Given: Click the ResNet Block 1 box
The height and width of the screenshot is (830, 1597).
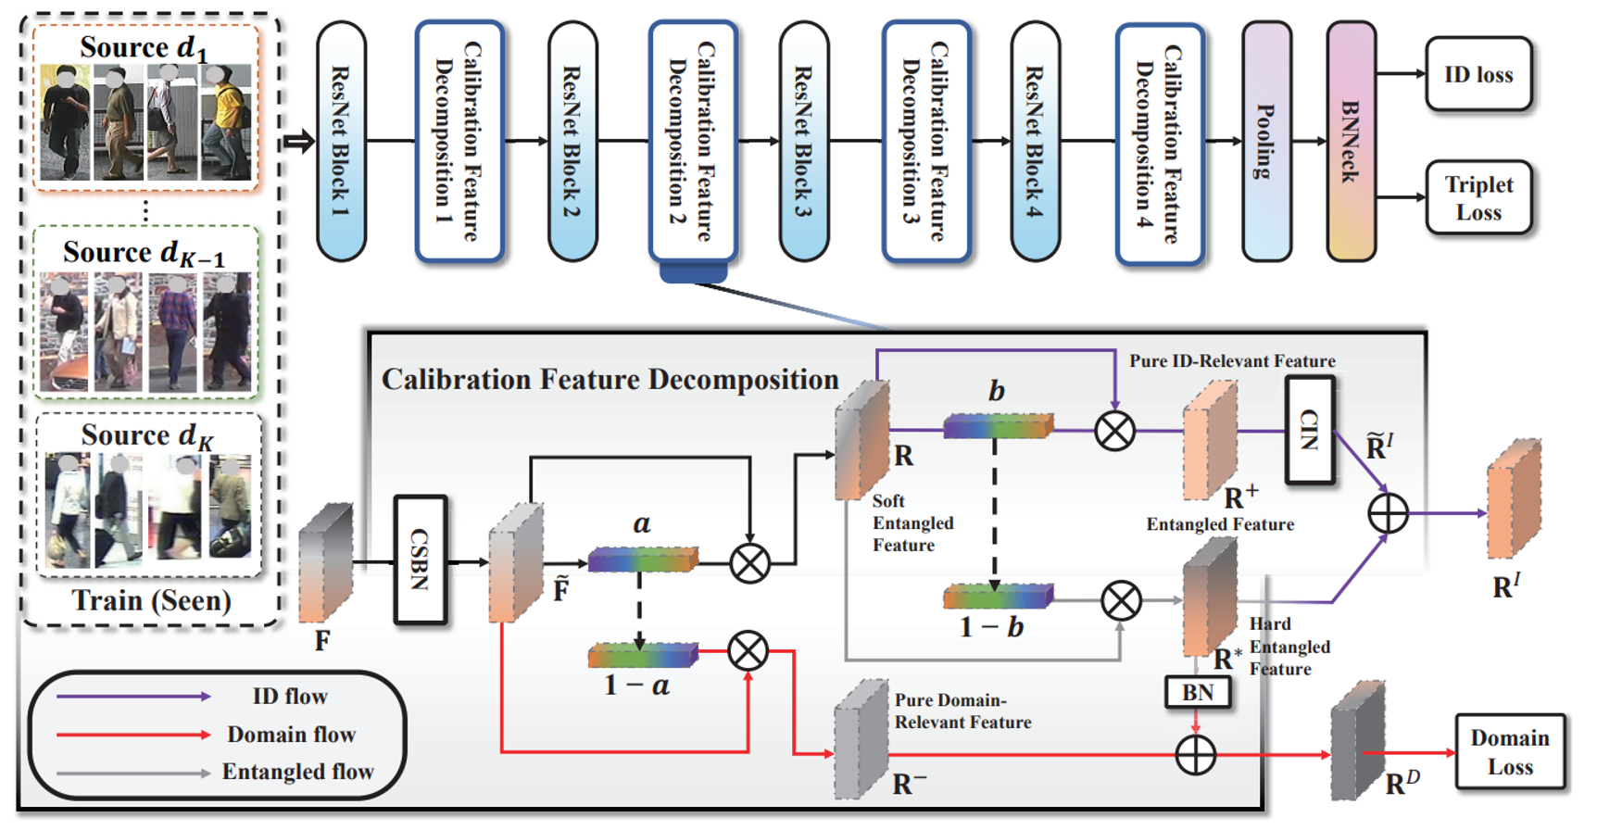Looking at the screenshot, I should click(341, 141).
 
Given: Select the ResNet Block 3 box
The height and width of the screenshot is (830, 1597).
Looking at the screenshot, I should click(803, 141).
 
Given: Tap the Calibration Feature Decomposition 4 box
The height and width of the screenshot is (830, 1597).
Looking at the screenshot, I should click(1159, 144).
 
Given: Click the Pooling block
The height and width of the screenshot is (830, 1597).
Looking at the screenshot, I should click(1265, 141).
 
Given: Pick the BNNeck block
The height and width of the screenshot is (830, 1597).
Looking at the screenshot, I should click(1351, 141).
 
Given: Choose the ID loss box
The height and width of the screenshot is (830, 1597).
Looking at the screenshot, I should click(1478, 74).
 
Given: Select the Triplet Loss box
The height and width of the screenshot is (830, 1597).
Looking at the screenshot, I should click(1478, 197).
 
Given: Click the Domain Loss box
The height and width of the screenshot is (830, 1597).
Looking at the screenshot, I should click(1509, 751).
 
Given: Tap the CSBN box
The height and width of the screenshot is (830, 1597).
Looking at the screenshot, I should click(420, 560).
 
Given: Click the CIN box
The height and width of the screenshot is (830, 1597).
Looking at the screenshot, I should click(1309, 430).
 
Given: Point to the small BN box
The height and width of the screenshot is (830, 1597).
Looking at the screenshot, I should click(1197, 692).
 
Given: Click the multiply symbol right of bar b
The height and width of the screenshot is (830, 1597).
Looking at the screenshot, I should click(1114, 431).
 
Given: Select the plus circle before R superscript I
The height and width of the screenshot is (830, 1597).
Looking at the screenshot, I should click(1388, 513).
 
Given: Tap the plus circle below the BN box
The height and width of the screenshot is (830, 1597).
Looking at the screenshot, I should click(1195, 755).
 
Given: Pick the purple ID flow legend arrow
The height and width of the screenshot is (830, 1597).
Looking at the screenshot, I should click(133, 696).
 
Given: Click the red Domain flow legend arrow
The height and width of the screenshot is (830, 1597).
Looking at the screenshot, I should click(133, 735).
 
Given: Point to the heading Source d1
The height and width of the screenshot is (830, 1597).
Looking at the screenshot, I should click(144, 46).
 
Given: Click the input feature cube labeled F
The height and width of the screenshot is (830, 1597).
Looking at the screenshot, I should click(326, 563).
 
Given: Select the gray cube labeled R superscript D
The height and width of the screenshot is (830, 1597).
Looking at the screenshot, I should click(1357, 741).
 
